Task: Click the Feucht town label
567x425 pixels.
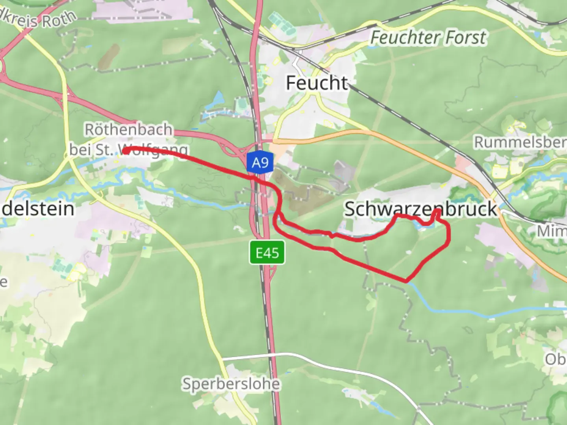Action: [x=317, y=83]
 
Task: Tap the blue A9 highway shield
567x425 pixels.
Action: [x=260, y=162]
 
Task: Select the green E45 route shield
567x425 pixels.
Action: [x=267, y=252]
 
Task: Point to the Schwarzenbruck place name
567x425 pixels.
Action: [x=421, y=209]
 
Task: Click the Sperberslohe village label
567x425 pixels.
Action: [x=231, y=383]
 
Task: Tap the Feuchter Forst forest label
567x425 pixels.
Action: [x=428, y=38]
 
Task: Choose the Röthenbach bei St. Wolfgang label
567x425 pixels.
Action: [x=128, y=139]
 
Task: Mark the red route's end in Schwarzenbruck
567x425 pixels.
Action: [x=437, y=212]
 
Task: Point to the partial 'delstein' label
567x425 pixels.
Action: [x=38, y=209]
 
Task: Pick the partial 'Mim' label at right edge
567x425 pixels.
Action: [x=552, y=231]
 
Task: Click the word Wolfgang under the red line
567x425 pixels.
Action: [x=157, y=151]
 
